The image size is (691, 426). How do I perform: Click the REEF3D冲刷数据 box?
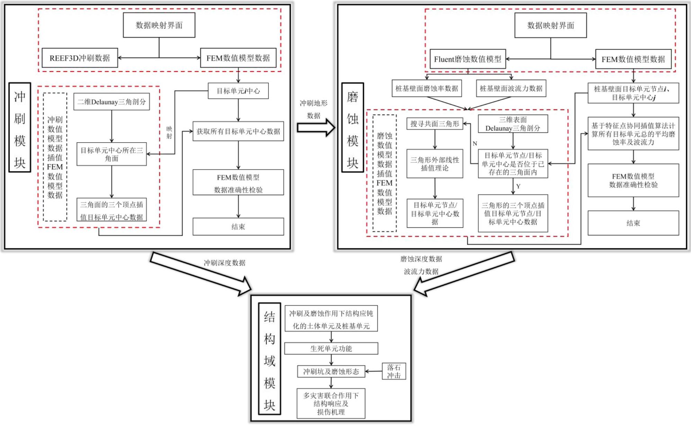point(80,58)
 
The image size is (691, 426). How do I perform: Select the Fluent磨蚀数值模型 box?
point(468,59)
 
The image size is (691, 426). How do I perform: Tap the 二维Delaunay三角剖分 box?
point(112,102)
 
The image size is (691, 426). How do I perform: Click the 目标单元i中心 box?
point(238,91)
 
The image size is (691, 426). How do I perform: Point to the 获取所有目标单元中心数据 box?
point(238,131)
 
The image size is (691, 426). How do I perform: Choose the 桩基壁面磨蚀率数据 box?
point(427,89)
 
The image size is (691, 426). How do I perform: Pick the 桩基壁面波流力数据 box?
point(511,89)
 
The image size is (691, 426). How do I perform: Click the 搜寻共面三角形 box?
point(435,124)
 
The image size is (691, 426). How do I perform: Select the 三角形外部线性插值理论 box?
point(435,164)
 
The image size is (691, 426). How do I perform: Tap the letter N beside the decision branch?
point(475,144)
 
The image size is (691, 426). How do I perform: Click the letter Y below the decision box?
point(518,186)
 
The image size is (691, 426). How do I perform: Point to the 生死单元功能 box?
point(331,348)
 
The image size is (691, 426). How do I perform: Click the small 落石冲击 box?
point(394,371)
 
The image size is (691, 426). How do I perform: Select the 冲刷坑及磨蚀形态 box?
point(331,371)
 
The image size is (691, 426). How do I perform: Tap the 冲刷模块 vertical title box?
point(20,127)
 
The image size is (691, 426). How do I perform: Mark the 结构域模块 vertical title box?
point(269,359)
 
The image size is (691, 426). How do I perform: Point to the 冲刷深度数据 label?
point(224,263)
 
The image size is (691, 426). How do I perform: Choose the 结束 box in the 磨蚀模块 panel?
point(633,223)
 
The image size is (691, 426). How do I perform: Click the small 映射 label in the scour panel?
point(169,133)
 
